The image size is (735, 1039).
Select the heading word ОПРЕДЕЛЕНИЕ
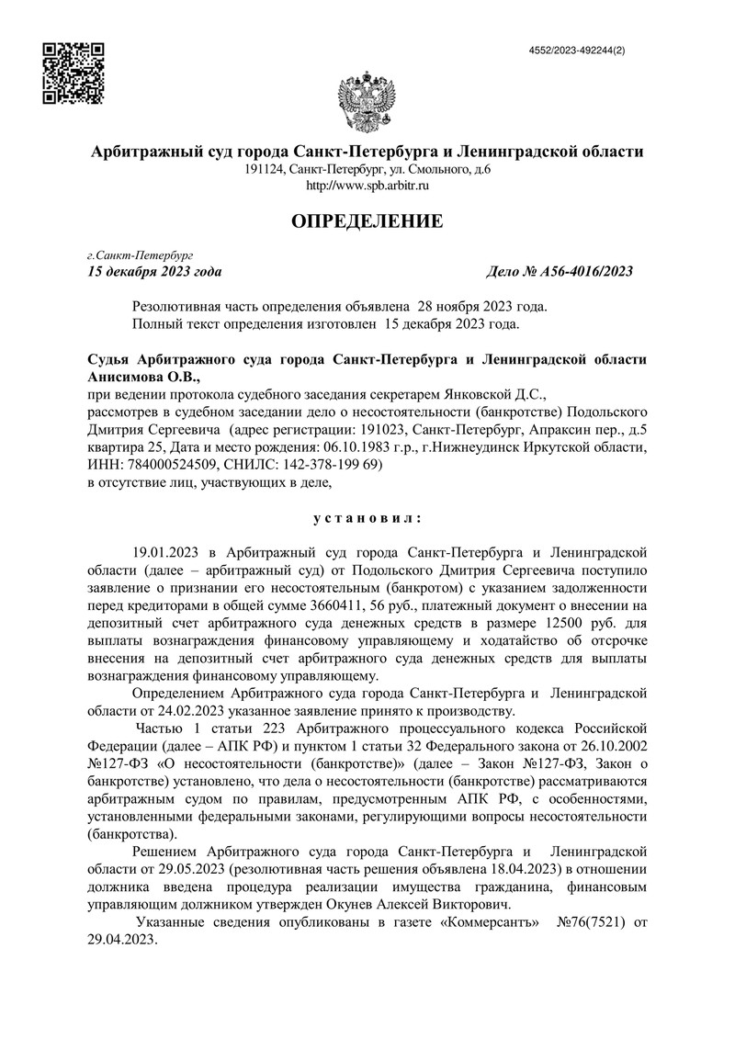(367, 221)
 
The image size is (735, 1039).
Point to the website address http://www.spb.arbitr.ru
(367, 186)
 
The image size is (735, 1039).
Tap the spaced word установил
(367, 518)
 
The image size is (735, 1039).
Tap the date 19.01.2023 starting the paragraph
(166, 552)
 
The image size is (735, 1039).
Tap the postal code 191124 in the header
(264, 170)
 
